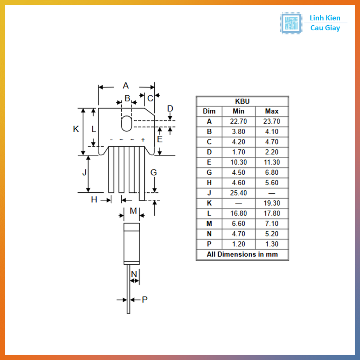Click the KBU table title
tap(242, 101)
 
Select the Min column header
tap(238, 111)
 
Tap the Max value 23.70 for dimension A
tap(272, 121)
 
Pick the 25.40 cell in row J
tap(238, 193)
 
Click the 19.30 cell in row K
tap(272, 203)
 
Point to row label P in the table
tap(209, 244)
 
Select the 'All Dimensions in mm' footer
tap(242, 254)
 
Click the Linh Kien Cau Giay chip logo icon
tap(291, 24)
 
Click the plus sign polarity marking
tap(143, 140)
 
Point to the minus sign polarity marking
tap(111, 140)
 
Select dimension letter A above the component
tap(126, 86)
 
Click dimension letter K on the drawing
tap(76, 129)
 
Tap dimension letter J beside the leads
tap(84, 173)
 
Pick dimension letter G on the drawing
tap(154, 173)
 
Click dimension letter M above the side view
tap(133, 211)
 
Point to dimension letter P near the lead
tap(144, 300)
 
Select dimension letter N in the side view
tap(134, 274)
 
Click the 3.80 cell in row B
tap(238, 131)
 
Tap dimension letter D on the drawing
tap(170, 109)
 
